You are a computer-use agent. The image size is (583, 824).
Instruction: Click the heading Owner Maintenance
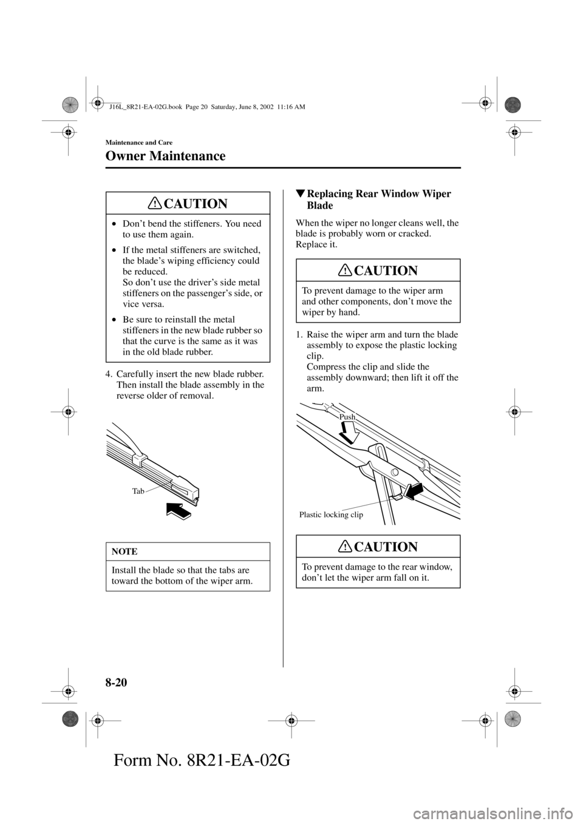click(x=165, y=156)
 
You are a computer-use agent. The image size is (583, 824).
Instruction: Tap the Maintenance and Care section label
click(x=139, y=142)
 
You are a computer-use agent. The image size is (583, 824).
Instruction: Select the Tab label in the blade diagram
click(x=139, y=491)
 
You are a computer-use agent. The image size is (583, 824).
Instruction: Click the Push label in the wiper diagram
click(x=347, y=417)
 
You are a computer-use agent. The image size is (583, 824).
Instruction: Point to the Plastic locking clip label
click(x=331, y=515)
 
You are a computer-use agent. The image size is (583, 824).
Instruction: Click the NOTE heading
click(x=124, y=552)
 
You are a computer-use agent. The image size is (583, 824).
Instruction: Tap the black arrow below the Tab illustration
click(x=178, y=510)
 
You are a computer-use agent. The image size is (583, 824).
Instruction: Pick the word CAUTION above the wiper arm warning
click(x=387, y=271)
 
